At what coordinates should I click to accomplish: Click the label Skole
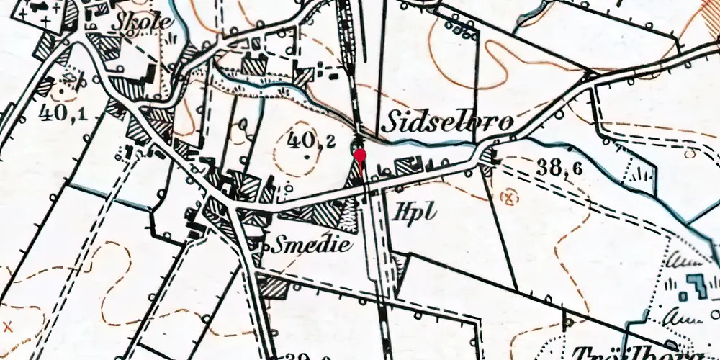click(143, 21)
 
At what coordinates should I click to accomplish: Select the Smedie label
click(312, 245)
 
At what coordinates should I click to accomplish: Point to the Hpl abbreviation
click(412, 212)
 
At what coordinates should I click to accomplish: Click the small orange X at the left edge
click(8, 325)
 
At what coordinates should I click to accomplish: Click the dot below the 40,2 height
click(307, 155)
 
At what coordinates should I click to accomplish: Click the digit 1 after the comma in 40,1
click(86, 113)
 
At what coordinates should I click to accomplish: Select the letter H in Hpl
click(401, 211)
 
